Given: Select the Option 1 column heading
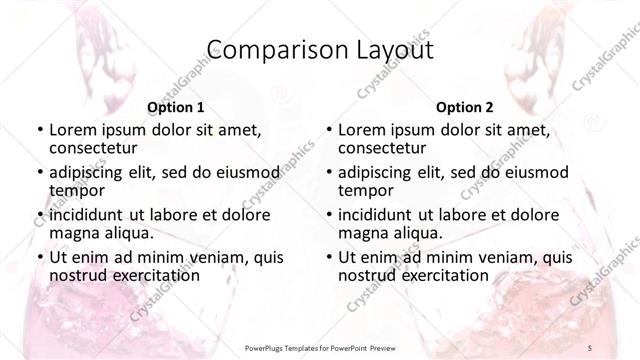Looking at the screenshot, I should (176, 107).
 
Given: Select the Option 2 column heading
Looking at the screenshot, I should (465, 107).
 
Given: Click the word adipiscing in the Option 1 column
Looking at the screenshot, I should (93, 171).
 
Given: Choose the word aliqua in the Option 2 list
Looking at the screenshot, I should (416, 233).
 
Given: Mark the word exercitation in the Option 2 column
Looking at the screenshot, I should (441, 275).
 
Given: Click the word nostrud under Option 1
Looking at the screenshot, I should (77, 275).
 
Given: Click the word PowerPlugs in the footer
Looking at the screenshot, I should (269, 347).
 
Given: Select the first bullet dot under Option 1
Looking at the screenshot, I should (37, 130).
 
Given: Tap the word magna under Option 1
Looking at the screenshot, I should (73, 233).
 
